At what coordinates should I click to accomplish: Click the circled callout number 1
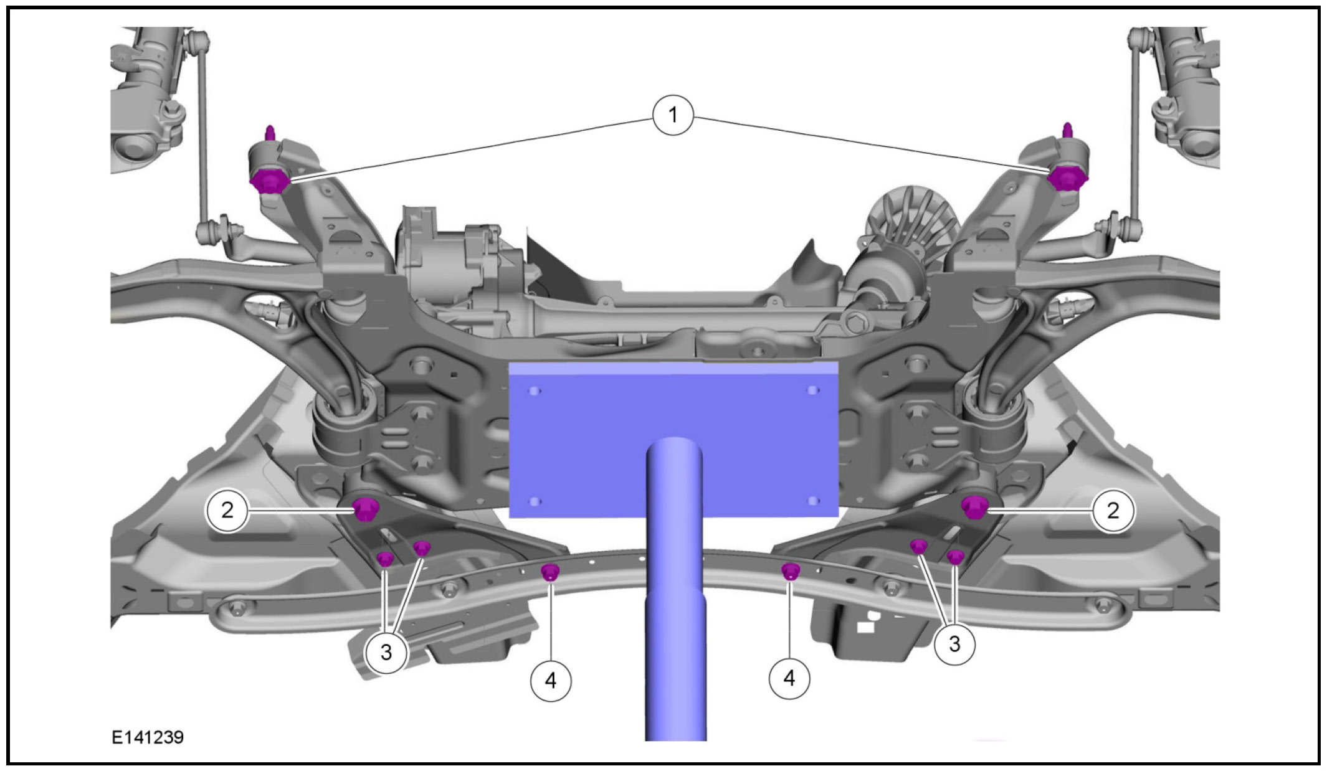(x=673, y=115)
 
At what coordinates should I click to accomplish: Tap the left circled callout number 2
(x=227, y=510)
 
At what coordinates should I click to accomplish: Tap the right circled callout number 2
(x=1113, y=511)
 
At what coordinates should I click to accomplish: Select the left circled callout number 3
(x=386, y=652)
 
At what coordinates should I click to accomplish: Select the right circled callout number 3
(x=954, y=643)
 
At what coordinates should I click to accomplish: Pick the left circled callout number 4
(x=551, y=680)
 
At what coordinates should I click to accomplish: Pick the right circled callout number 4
(x=789, y=678)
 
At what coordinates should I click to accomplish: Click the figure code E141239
(x=148, y=737)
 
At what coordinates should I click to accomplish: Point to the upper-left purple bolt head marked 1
(x=269, y=181)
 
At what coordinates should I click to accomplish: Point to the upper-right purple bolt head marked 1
(x=1068, y=179)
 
